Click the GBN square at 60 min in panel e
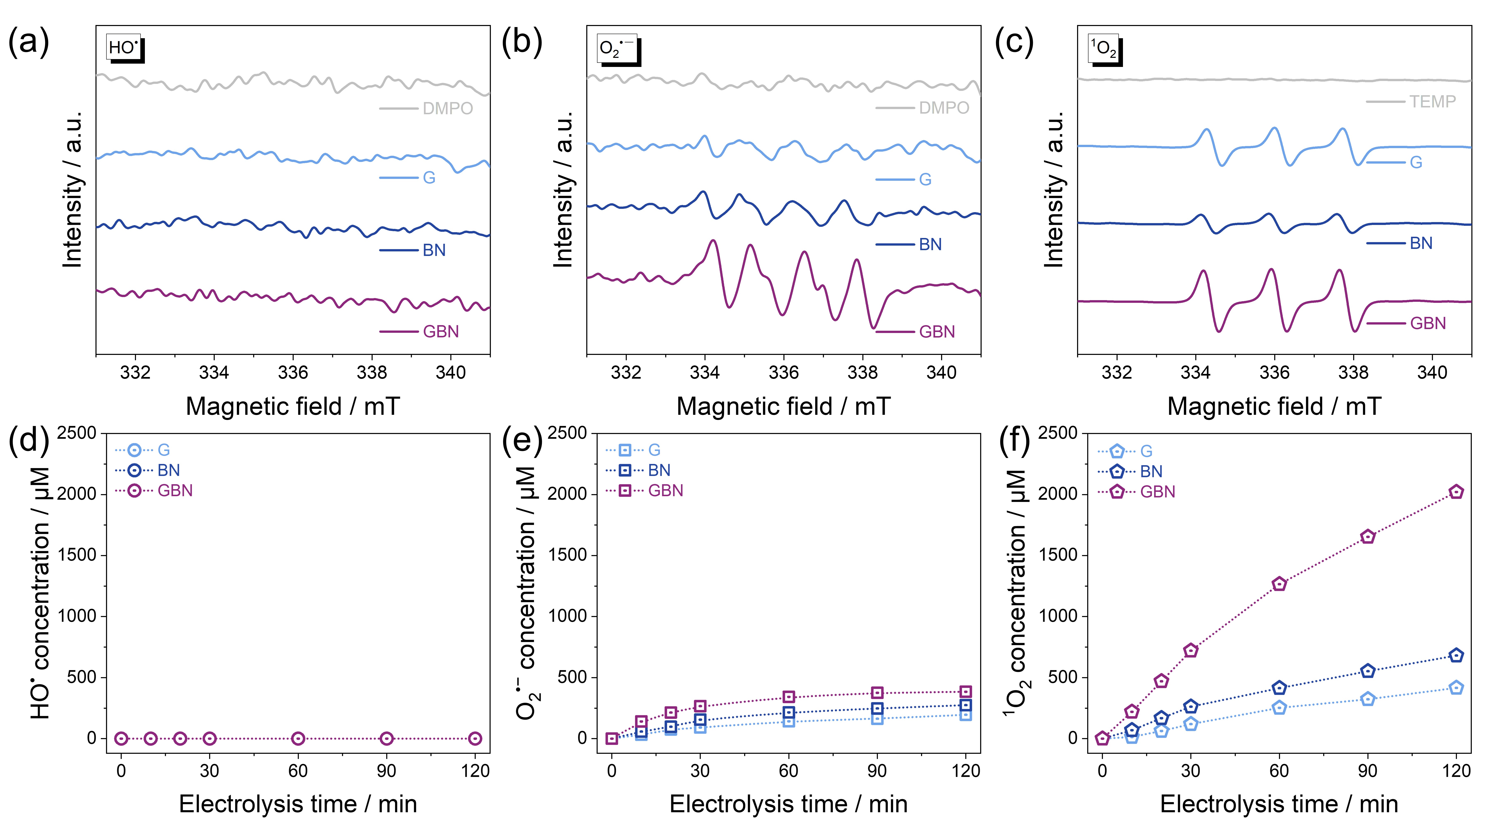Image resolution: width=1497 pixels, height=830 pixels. (789, 696)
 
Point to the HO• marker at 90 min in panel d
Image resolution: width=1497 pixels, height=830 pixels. (386, 738)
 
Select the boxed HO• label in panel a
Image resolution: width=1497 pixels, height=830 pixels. (124, 48)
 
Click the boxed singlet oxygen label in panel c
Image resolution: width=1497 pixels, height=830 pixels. (1103, 49)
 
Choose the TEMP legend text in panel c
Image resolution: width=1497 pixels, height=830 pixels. (1433, 102)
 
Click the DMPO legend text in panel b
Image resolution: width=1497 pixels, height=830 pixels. (944, 108)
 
